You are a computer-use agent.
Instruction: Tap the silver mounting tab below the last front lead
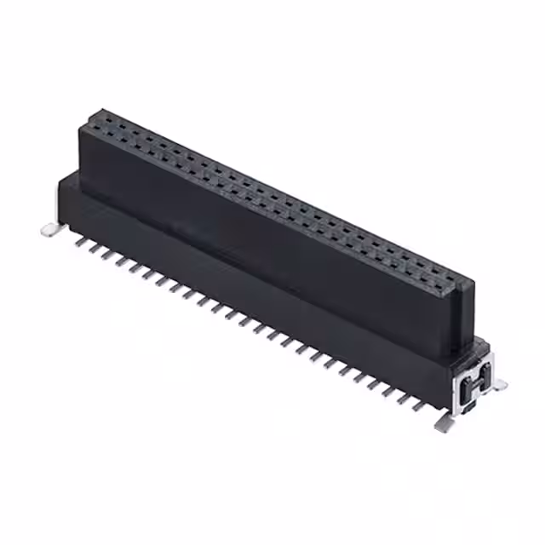click(x=442, y=423)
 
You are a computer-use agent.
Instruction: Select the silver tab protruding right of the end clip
click(x=497, y=384)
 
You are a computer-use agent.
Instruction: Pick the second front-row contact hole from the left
click(x=99, y=129)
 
